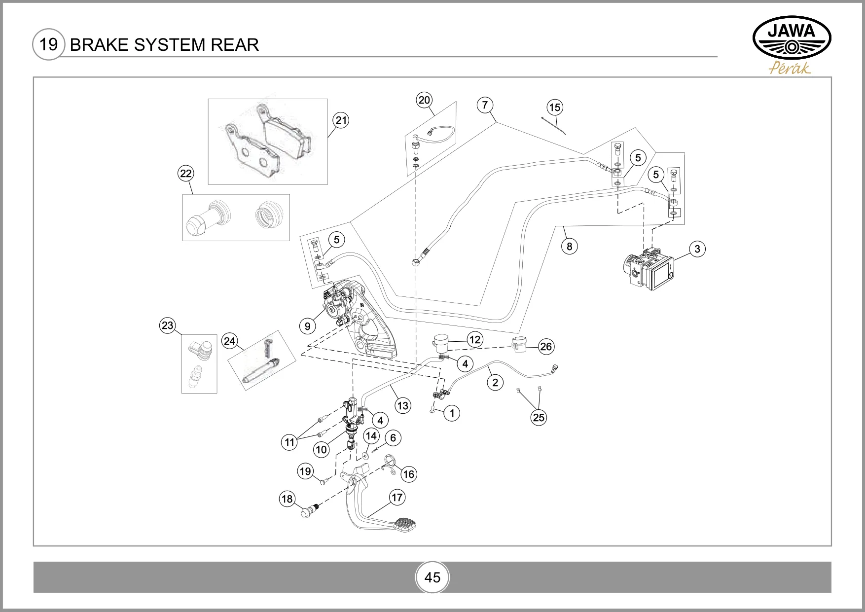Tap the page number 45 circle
pos(432,577)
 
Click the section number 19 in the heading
pos(49,44)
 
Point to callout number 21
pos(341,120)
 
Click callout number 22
pos(185,174)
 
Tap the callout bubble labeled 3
pos(697,249)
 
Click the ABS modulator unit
pos(648,269)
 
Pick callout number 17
pos(397,497)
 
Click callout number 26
pos(546,347)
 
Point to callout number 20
pos(424,100)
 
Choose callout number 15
pos(555,108)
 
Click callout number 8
pos(570,246)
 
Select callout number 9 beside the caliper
pos(308,326)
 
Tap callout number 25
pos(539,417)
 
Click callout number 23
pos(168,325)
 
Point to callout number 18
pos(287,499)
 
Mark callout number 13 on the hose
pos(403,405)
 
